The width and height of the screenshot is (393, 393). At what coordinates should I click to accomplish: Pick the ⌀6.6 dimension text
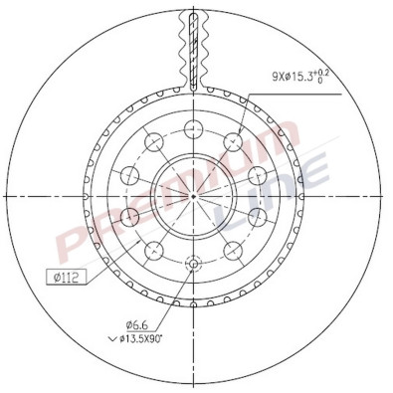(136, 323)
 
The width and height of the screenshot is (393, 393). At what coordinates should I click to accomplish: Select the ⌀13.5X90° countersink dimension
(146, 338)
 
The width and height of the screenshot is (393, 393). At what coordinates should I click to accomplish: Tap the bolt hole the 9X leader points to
(235, 142)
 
